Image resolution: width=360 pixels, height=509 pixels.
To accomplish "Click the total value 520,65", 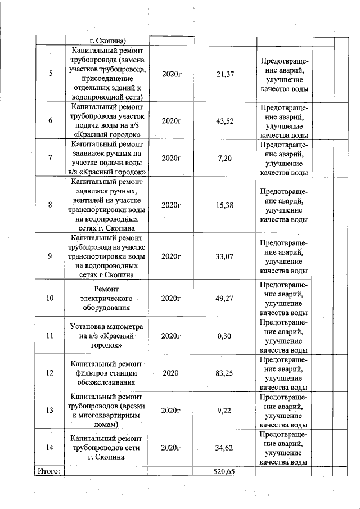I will tap(224, 471).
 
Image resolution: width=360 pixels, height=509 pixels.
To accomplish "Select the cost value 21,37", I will tap(225, 75).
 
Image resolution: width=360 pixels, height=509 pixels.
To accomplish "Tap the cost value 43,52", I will tap(225, 121).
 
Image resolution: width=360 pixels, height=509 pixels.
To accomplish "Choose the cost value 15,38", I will tap(225, 205).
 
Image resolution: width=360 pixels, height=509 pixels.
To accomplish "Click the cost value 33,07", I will tap(225, 256).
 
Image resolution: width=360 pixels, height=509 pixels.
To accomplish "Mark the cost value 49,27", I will tap(225, 298).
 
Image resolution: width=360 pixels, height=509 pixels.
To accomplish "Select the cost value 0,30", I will tap(225, 336).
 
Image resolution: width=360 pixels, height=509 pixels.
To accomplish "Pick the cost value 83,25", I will tap(225, 373).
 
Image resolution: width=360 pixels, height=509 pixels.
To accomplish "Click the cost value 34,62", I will tap(225, 448).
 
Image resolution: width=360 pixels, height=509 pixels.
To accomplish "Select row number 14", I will tap(50, 448).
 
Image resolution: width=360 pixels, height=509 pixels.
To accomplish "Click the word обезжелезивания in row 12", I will tap(106, 382).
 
